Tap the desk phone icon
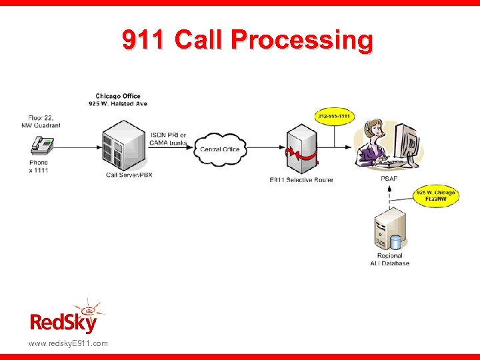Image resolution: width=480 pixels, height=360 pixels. [43, 145]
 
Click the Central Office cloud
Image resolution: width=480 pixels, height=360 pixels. [220, 148]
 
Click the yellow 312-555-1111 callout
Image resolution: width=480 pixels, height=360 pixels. [334, 117]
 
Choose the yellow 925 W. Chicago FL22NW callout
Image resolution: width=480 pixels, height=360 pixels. [436, 195]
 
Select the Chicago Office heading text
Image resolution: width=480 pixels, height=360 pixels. [117, 96]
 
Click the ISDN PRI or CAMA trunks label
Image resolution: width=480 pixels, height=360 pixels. [169, 139]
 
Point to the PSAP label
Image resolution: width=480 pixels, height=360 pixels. [389, 179]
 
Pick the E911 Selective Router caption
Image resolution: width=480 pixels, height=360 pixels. [301, 180]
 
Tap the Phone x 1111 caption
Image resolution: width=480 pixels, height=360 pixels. [38, 166]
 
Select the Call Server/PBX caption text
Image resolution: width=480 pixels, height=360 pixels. [129, 175]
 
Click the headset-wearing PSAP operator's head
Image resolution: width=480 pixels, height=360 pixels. [373, 128]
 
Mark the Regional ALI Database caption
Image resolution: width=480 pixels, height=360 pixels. [389, 259]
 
